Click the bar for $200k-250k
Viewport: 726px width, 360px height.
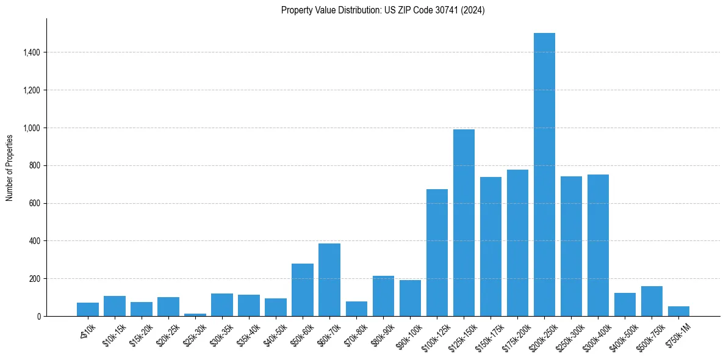click(544, 175)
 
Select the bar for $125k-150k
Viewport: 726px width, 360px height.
click(464, 223)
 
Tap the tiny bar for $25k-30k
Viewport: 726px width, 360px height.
click(195, 315)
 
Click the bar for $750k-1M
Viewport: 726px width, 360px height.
click(678, 311)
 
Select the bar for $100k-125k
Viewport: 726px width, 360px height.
click(437, 253)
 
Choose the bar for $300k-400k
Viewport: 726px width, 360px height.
click(598, 245)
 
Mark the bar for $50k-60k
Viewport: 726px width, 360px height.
click(303, 290)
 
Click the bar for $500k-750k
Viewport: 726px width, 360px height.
click(652, 301)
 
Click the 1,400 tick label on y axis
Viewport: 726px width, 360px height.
click(31, 52)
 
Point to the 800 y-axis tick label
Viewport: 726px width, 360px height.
click(35, 166)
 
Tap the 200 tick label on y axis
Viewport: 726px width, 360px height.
click(35, 279)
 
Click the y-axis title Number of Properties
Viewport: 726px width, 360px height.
click(10, 168)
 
